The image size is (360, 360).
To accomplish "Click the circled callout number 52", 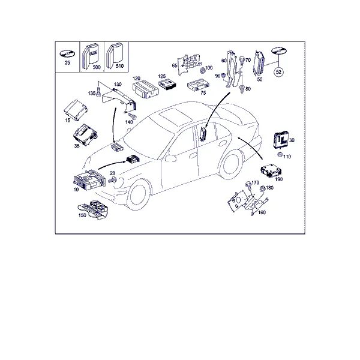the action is [x=278, y=72].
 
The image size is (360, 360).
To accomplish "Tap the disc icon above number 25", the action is [x=67, y=54].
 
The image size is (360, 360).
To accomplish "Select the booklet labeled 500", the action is [x=90, y=57].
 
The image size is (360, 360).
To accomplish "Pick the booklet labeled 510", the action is [x=114, y=55].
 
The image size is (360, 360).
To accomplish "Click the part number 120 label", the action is [x=136, y=79].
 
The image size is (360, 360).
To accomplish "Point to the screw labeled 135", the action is [x=99, y=92].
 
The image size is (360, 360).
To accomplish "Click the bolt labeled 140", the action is [x=132, y=116].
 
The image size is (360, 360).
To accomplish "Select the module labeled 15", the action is [x=76, y=110].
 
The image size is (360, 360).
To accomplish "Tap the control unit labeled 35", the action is [x=85, y=135].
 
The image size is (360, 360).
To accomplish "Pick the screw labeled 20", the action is [x=113, y=180].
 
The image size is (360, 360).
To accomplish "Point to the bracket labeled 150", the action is [x=94, y=209].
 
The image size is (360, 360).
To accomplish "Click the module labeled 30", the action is [x=280, y=139].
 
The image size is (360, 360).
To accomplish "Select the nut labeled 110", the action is [x=280, y=155].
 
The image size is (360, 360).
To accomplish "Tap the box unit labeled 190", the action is [x=271, y=170].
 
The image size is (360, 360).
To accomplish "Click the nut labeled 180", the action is [x=262, y=189].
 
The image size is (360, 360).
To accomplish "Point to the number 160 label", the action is [x=262, y=212].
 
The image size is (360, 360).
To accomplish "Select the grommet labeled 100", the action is [x=202, y=70].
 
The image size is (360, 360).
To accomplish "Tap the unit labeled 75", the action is [x=199, y=85].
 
